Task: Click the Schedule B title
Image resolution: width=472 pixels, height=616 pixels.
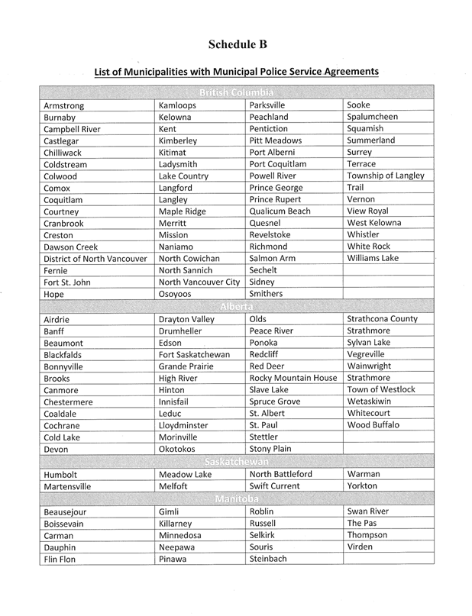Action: pos(236,44)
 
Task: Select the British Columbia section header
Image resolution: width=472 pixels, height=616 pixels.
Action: pos(236,93)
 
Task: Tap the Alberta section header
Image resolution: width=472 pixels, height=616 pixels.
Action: pos(236,306)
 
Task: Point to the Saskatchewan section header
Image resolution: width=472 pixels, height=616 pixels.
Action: pos(236,461)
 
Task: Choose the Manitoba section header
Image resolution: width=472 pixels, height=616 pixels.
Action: pos(236,497)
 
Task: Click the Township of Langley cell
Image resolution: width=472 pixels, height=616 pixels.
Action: pos(386,176)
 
